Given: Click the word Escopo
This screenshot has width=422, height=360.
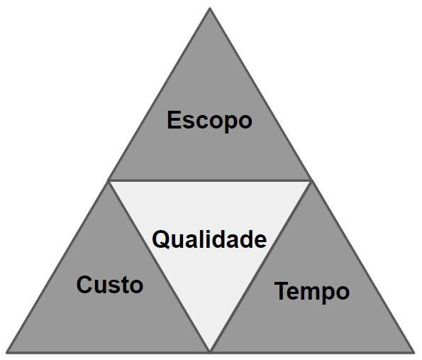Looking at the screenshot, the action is point(210,121).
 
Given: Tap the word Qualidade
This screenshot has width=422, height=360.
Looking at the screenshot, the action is point(209,239).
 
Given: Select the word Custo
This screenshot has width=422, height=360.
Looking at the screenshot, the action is point(110,285).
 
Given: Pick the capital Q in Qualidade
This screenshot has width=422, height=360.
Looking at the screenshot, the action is point(162,239).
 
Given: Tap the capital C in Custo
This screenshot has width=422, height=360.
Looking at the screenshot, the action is point(85,285).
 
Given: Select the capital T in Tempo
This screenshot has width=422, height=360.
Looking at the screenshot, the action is point(282,290).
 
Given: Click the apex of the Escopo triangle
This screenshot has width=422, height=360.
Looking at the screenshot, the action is point(210,8).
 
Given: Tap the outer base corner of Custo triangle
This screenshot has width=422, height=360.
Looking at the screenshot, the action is point(6,352).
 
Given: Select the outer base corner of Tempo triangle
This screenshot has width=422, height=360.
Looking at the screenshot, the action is point(414,352).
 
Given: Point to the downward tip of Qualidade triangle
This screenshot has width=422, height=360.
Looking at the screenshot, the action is point(210,351).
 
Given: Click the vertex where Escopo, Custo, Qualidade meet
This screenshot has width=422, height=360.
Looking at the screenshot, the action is point(109,180).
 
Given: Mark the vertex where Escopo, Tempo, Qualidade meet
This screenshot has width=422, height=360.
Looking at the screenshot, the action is point(311,180).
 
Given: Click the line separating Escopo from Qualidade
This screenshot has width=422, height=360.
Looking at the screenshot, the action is point(210,180).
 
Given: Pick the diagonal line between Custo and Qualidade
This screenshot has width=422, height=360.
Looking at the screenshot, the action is point(159,266).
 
